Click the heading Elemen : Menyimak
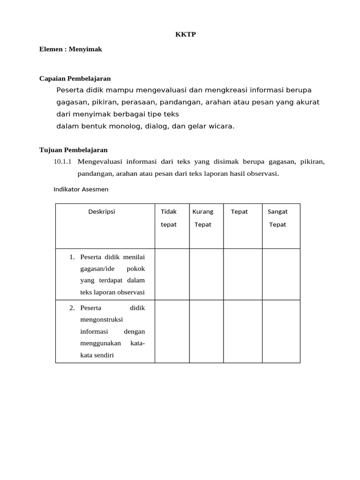point(71,49)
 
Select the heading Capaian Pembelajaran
point(75,78)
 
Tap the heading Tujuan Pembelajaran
point(74,150)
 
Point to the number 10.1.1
point(63,162)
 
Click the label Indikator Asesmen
point(81,189)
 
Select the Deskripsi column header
point(102,211)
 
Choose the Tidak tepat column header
point(169,218)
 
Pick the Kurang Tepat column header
point(203,218)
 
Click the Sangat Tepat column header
point(277,218)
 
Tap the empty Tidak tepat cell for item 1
point(172,274)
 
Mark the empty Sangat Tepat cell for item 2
point(281,331)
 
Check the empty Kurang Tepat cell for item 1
point(206,274)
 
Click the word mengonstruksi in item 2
point(102,320)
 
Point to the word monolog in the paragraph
point(126,126)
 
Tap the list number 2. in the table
point(72,308)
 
